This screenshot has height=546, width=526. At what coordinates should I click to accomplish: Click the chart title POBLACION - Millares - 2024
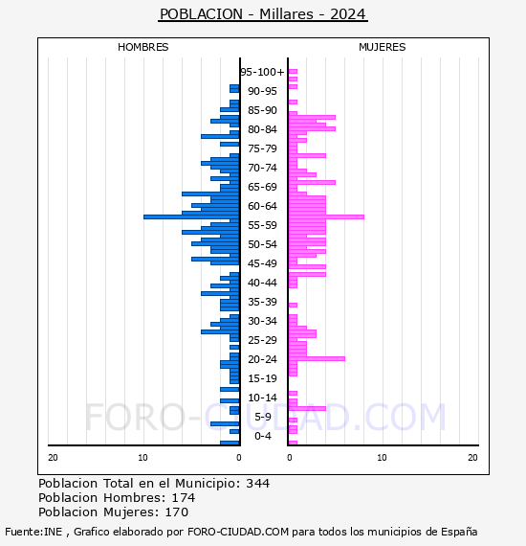pos(262,14)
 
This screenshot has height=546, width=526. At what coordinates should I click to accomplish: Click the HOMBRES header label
pos(142,47)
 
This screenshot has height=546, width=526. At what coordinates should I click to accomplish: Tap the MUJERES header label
pos(383,47)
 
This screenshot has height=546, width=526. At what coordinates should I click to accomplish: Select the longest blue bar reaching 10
pos(191,216)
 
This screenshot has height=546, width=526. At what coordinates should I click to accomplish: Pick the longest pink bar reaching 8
pos(326,216)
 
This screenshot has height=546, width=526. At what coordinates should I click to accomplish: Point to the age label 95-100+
pos(262,72)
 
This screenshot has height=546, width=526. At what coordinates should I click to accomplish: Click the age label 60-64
pos(262,206)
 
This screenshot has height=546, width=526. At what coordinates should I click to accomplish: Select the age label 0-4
pos(262,436)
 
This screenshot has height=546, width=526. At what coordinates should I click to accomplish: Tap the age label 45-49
pos(262,263)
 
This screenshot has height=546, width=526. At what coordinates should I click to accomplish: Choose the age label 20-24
pos(262,359)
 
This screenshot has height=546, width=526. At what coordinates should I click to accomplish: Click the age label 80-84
pos(262,129)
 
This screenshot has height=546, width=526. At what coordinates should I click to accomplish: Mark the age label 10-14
pos(262,398)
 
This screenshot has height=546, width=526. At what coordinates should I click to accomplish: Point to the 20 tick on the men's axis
pos(53,458)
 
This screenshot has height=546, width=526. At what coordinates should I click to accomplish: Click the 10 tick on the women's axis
pos(382,458)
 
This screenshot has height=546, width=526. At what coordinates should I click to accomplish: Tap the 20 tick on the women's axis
pos(472,458)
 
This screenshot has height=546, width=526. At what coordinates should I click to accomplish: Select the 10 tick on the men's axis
pos(142,458)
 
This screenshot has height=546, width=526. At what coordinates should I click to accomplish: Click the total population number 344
pos(257,484)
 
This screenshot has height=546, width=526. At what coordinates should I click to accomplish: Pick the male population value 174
pos(184,498)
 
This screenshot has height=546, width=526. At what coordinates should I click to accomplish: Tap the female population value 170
pos(176,512)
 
